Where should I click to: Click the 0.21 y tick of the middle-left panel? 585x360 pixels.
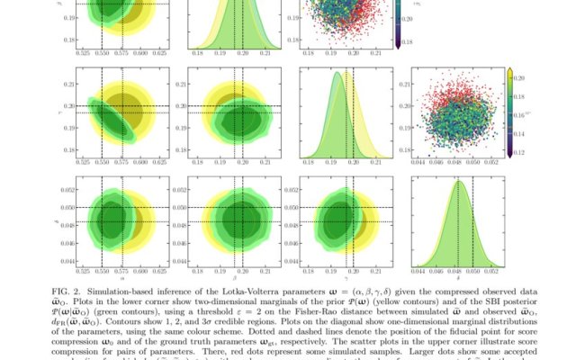[x=69, y=85]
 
